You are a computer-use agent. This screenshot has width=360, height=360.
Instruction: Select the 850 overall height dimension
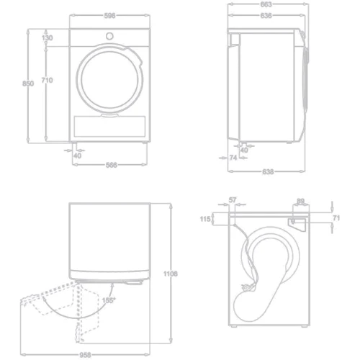click(x=27, y=84)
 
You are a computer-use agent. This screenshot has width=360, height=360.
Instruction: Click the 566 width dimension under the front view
click(x=111, y=164)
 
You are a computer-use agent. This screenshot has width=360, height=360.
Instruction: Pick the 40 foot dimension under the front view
click(x=77, y=154)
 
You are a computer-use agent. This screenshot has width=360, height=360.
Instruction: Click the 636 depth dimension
click(x=266, y=14)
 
